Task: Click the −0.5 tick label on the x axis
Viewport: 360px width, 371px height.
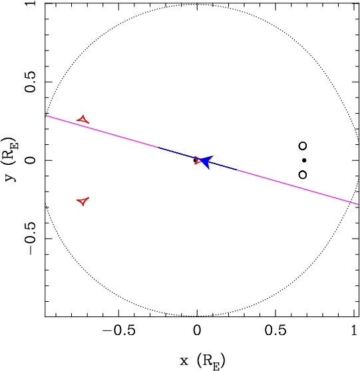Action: pyautogui.click(x=119, y=330)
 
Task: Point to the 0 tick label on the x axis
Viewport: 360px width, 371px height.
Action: pyautogui.click(x=197, y=330)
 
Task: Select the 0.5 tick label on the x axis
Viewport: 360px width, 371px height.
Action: pyautogui.click(x=275, y=330)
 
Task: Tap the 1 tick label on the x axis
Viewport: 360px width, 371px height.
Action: pyautogui.click(x=354, y=330)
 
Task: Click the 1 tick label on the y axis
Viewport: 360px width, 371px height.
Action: pyautogui.click(x=30, y=3)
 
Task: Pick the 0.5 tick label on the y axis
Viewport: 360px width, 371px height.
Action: pyautogui.click(x=30, y=82)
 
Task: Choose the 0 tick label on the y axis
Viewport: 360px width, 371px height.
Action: pyautogui.click(x=30, y=160)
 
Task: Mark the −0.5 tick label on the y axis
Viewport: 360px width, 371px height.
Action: pyautogui.click(x=30, y=239)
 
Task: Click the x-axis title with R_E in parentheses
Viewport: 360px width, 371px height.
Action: pyautogui.click(x=203, y=361)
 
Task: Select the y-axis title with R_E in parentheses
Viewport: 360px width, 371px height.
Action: pyautogui.click(x=9, y=160)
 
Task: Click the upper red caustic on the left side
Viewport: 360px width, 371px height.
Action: pyautogui.click(x=83, y=120)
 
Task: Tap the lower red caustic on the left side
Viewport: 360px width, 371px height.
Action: pyautogui.click(x=83, y=201)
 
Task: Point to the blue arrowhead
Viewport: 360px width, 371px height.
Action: pyautogui.click(x=206, y=162)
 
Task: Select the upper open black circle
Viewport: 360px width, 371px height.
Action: pyautogui.click(x=303, y=146)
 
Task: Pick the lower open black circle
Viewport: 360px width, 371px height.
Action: pyautogui.click(x=303, y=175)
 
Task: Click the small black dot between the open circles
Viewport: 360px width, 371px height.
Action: pyautogui.click(x=304, y=160)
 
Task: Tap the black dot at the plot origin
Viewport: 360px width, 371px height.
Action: pyautogui.click(x=195, y=160)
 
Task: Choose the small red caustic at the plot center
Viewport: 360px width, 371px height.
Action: pyautogui.click(x=198, y=160)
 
